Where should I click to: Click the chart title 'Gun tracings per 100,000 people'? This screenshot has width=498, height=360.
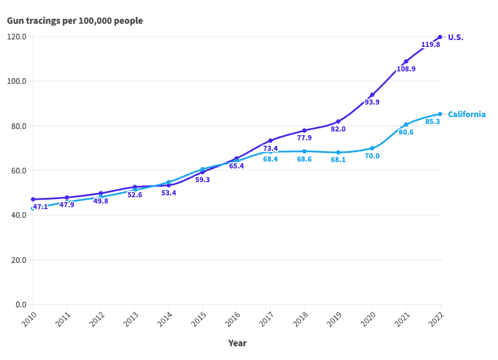pos(75,21)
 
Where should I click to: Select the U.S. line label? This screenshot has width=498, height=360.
pos(455,38)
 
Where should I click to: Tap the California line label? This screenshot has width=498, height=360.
pos(467,115)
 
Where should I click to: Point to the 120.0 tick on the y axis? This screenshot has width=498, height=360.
pos(16,36)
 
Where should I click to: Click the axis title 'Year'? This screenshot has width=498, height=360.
pos(237,343)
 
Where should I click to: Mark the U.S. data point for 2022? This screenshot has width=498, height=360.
pos(440,37)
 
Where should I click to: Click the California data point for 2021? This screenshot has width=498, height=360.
pos(406,125)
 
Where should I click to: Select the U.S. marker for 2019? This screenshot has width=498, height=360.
pos(338,121)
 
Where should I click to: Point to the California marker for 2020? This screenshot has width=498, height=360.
pos(372,148)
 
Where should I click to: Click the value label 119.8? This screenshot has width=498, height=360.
pos(430,45)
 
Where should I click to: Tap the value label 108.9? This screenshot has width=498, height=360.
pos(406,69)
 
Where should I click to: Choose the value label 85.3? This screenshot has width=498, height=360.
pos(432,121)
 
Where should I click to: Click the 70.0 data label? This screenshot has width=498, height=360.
pos(372,156)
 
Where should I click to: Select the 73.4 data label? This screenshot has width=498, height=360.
pos(270,148)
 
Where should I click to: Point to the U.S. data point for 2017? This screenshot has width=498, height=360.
pos(270,141)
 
